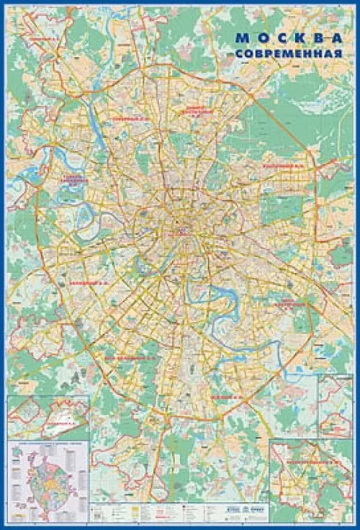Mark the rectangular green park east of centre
[273, 209]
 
